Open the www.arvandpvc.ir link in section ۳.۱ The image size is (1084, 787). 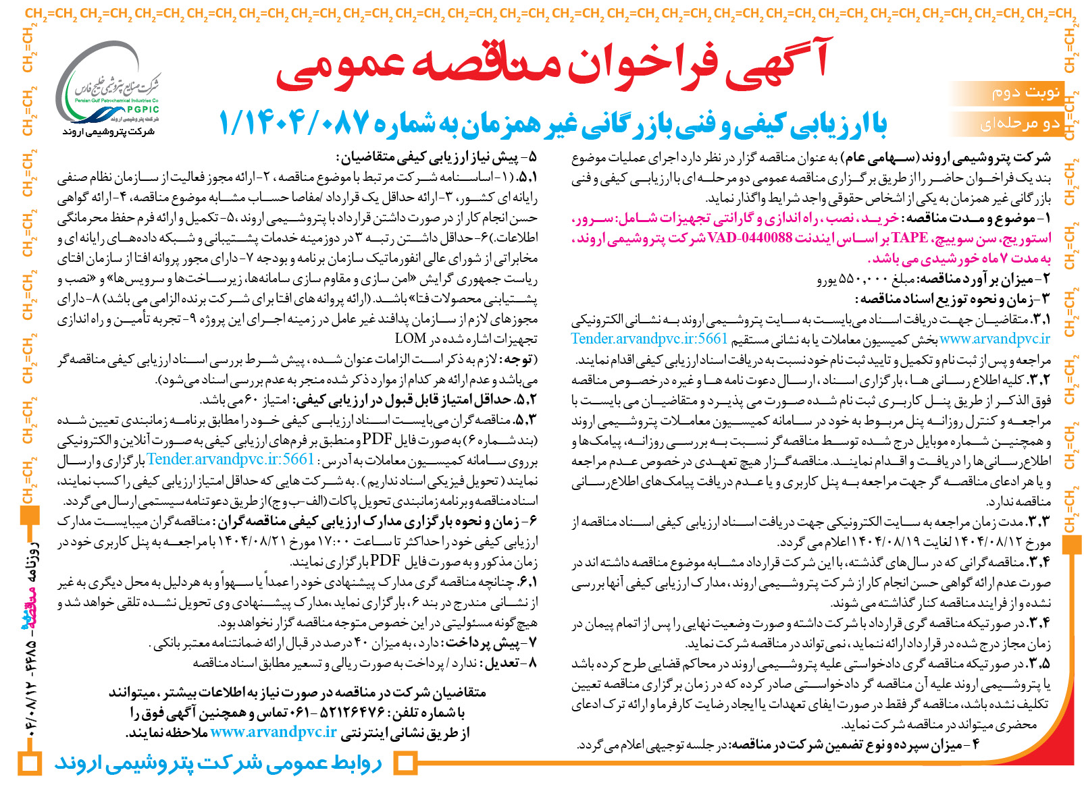[x=994, y=339]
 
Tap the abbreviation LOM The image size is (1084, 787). [x=411, y=338]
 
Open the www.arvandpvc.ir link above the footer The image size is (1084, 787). [x=274, y=732]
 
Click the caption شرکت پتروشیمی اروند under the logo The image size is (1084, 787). [x=108, y=132]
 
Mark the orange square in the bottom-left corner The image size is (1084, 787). [x=30, y=764]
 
